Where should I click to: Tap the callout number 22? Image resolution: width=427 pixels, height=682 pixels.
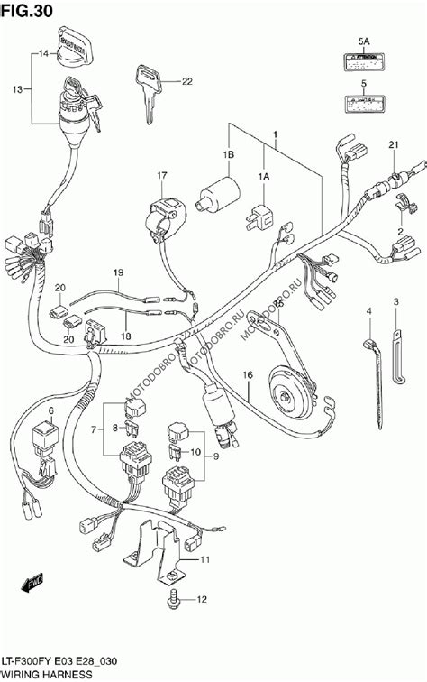click(x=186, y=83)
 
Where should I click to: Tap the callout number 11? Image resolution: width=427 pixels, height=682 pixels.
click(x=205, y=560)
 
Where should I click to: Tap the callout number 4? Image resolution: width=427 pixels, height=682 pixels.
click(x=368, y=312)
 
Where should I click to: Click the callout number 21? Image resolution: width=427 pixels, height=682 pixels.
click(x=392, y=145)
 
